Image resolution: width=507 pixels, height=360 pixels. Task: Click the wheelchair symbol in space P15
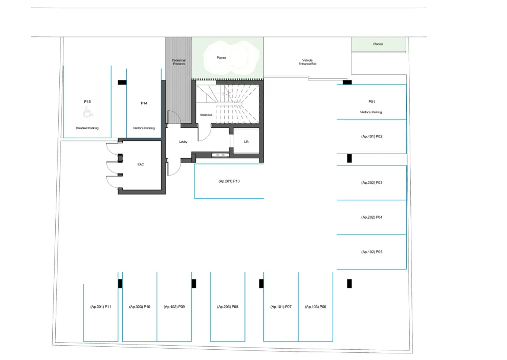(x=88, y=113)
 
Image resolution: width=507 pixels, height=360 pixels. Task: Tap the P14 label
(x=144, y=103)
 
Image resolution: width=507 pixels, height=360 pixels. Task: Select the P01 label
(x=372, y=102)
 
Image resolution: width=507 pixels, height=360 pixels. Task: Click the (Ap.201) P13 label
(x=229, y=181)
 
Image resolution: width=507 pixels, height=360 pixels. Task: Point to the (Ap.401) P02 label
(x=372, y=137)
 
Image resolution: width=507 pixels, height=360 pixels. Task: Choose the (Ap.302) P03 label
(x=372, y=183)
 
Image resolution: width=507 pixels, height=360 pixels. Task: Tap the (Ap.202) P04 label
(x=372, y=218)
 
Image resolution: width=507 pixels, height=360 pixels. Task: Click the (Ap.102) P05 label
(x=372, y=252)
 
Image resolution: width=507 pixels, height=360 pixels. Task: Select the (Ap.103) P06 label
(x=316, y=307)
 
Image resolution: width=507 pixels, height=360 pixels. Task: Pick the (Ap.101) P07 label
(x=281, y=307)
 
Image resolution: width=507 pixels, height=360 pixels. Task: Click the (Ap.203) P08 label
(x=228, y=307)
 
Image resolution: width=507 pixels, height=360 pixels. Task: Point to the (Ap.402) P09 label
(x=174, y=307)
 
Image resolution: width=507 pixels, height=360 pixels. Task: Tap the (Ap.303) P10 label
(x=140, y=307)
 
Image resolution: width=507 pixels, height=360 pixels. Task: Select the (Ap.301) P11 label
(x=101, y=307)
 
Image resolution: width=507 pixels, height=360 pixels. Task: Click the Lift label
(x=247, y=142)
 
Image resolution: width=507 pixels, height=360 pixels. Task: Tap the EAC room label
(x=141, y=164)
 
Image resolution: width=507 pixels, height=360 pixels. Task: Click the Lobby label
(x=183, y=142)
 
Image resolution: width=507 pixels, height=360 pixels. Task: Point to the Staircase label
(x=206, y=115)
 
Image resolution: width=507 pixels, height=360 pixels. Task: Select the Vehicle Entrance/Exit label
(x=307, y=62)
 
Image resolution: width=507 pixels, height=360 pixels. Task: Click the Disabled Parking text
(x=87, y=128)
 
